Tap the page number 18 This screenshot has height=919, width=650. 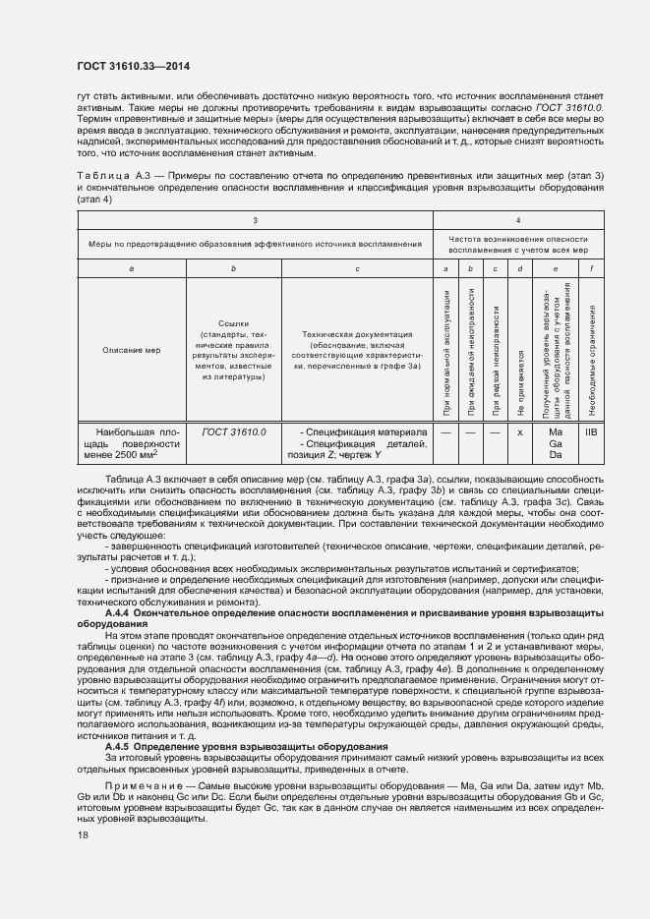82,834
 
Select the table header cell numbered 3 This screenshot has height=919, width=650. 255,220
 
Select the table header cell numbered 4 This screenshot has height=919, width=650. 518,220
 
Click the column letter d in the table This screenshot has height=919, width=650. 519,268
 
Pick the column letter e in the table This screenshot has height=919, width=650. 556,268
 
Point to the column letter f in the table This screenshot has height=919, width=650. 591,268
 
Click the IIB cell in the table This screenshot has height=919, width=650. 591,431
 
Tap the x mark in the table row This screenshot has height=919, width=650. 519,431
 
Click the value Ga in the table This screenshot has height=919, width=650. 556,443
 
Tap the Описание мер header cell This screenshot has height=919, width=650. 131,349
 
